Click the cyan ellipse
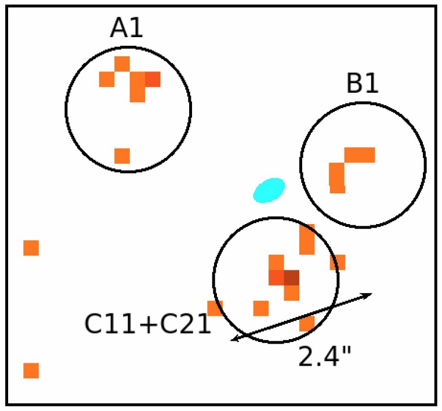click(269, 189)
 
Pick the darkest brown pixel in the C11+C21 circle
click(291, 277)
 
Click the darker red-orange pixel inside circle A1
click(153, 79)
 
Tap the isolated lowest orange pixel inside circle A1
click(122, 156)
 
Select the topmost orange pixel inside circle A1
click(122, 63)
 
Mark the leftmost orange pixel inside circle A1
click(107, 79)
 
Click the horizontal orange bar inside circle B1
click(360, 155)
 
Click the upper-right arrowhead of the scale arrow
click(368, 295)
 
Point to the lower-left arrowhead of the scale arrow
click(234, 339)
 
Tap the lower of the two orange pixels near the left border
click(31, 370)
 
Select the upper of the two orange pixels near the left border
click(31, 248)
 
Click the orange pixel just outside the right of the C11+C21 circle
click(338, 262)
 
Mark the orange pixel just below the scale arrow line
click(307, 324)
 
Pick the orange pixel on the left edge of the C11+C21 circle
click(215, 308)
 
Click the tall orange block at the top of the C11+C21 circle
click(307, 240)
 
